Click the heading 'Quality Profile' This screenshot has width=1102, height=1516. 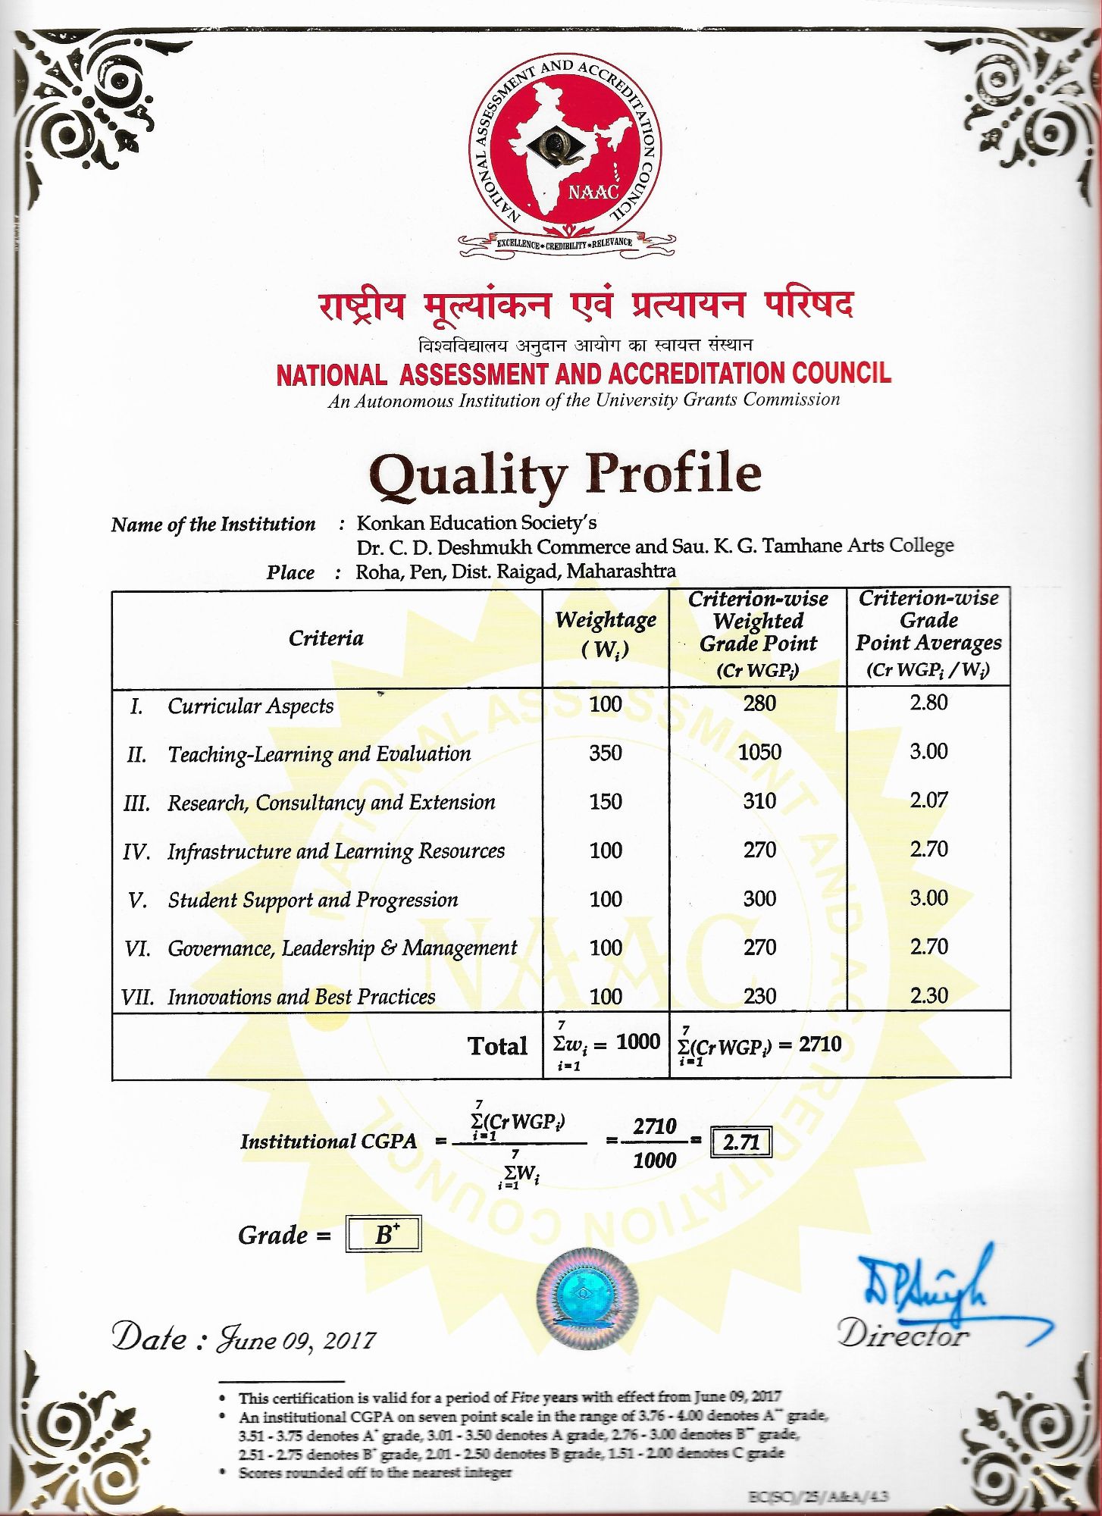565,474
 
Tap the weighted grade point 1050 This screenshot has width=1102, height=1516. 759,752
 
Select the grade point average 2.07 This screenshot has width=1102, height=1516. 928,800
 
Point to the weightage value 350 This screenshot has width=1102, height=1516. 606,753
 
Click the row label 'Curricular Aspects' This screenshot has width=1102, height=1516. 250,706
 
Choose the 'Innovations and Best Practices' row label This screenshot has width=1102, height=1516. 301,997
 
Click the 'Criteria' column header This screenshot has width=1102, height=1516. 326,638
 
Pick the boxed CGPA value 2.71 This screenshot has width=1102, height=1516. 740,1142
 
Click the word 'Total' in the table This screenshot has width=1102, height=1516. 497,1046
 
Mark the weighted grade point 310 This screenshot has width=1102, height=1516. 759,801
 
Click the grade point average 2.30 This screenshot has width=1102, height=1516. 928,995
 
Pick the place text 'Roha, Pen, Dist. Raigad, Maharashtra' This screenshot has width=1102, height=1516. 515,571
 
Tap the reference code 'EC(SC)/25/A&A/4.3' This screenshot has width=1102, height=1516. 818,1496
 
